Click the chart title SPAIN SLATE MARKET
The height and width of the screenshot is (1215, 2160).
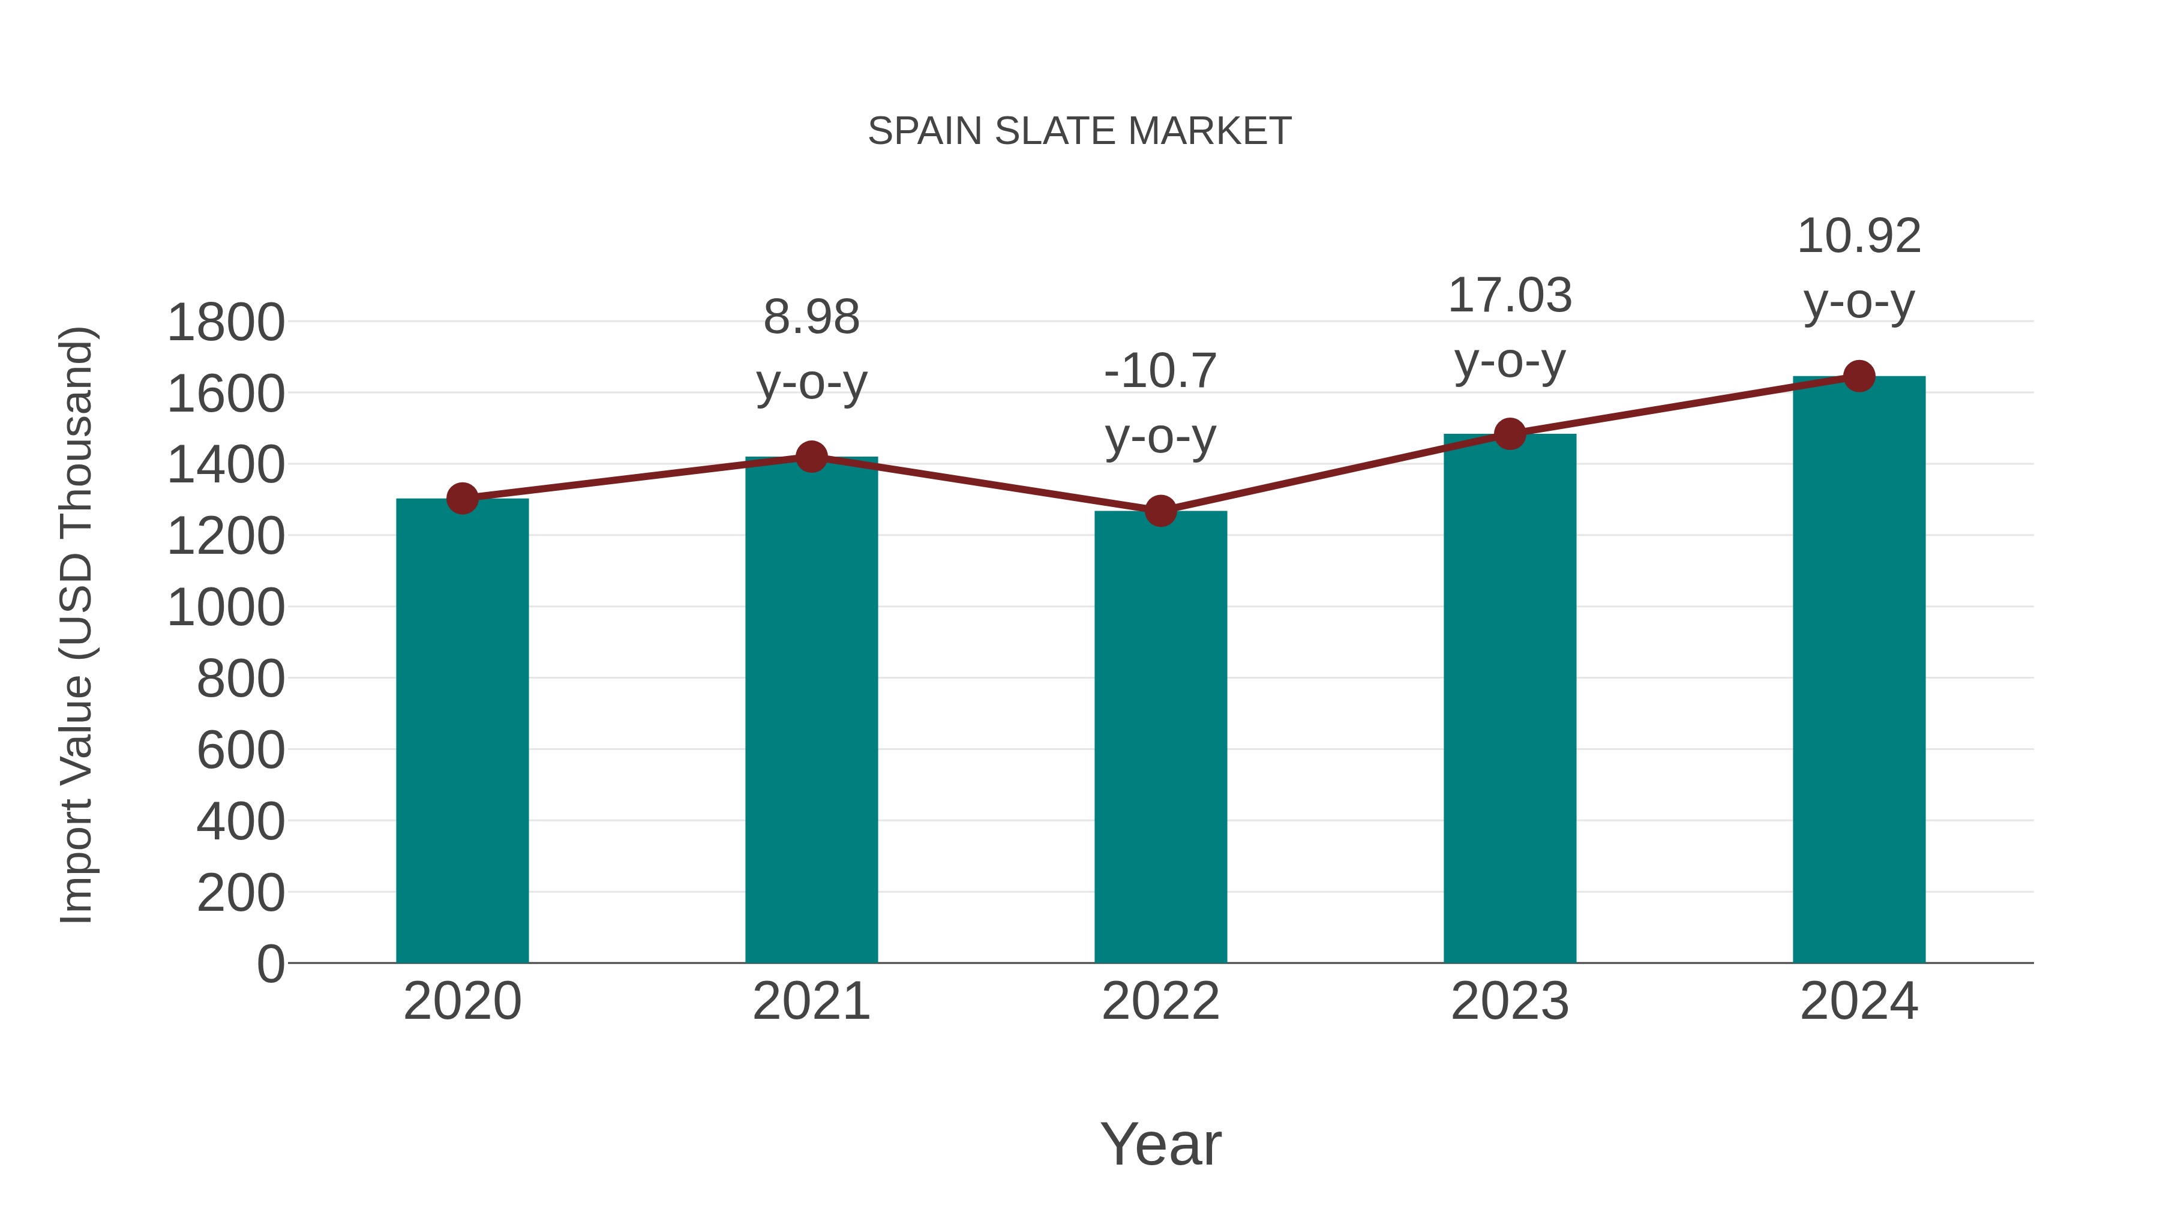pyautogui.click(x=1079, y=131)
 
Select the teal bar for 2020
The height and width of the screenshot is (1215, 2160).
pyautogui.click(x=462, y=730)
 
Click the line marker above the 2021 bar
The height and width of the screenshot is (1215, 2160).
pyautogui.click(x=811, y=457)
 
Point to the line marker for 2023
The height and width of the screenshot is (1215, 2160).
pyautogui.click(x=1510, y=434)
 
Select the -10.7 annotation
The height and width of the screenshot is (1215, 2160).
pyautogui.click(x=1160, y=371)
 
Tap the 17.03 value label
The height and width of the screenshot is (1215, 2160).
pyautogui.click(x=1510, y=296)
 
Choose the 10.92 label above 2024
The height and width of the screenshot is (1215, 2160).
pyautogui.click(x=1859, y=236)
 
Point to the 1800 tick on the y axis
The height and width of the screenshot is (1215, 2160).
pyautogui.click(x=226, y=323)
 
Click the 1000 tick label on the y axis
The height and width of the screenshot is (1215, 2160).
pyautogui.click(x=226, y=608)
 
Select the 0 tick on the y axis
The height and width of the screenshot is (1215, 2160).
pyautogui.click(x=270, y=964)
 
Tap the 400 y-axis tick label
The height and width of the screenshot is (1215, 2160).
pyautogui.click(x=240, y=822)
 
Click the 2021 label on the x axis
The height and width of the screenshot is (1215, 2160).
pyautogui.click(x=811, y=1001)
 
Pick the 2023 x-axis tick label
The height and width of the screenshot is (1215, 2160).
pyautogui.click(x=1510, y=1001)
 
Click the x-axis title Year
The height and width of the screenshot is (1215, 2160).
pyautogui.click(x=1160, y=1144)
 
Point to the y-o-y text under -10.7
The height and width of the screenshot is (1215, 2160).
pyautogui.click(x=1160, y=437)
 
